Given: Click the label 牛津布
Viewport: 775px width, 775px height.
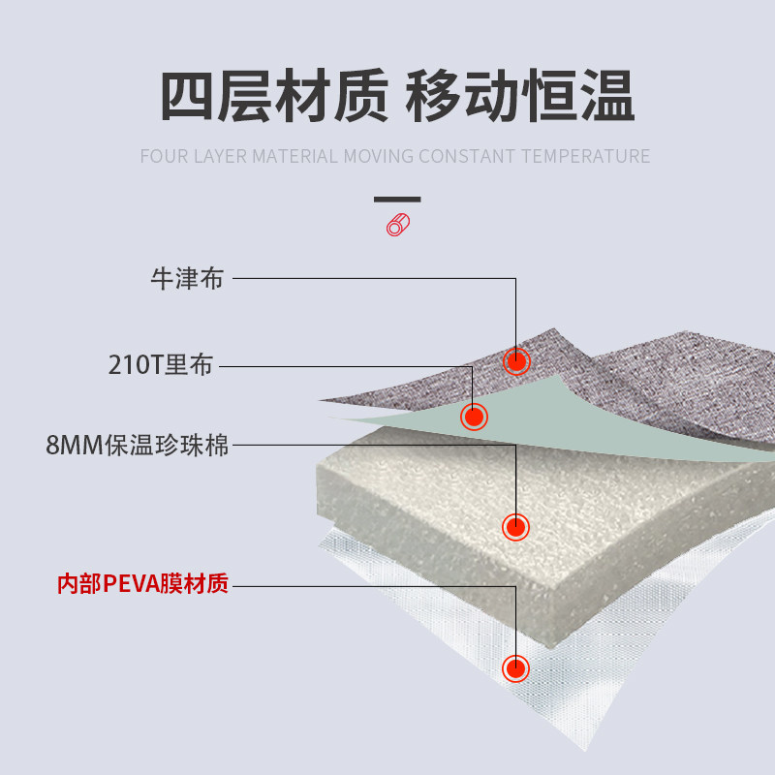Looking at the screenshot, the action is tap(187, 279).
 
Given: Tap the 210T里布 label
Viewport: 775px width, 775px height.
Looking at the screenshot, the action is tap(160, 366).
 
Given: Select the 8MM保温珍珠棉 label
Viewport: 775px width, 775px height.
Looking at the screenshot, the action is tap(138, 447).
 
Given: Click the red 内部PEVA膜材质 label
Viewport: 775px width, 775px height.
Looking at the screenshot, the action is tap(142, 584).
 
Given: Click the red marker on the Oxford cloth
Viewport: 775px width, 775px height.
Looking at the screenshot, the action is tap(516, 360).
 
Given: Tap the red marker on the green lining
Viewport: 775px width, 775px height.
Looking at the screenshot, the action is tap(474, 417).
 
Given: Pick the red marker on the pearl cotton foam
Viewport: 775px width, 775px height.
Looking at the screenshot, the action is tap(516, 527).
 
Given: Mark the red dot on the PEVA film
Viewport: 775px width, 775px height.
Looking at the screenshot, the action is tap(516, 668).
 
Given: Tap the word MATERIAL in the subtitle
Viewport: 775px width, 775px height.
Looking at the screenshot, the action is tap(295, 157).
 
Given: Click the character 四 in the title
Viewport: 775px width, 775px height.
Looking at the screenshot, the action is tap(187, 97).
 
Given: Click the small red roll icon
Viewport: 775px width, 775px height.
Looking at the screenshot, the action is tap(397, 225).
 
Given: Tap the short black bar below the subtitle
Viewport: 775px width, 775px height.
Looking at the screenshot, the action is tap(397, 200).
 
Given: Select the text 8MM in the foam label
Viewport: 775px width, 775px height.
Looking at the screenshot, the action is tap(69, 447).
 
